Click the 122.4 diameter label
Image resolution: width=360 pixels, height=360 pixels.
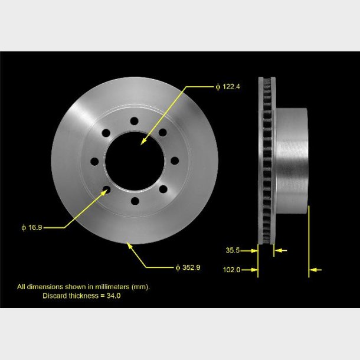click(x=228, y=87)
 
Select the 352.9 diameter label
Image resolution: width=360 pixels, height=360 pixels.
click(x=188, y=267)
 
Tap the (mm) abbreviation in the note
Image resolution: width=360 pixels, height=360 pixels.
click(x=139, y=287)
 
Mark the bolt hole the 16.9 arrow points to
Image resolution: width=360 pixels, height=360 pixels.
click(x=106, y=189)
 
